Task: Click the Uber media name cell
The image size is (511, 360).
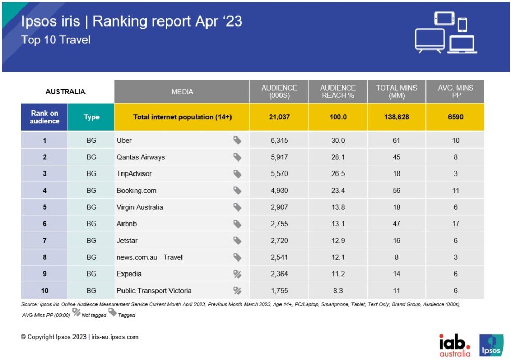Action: (124, 140)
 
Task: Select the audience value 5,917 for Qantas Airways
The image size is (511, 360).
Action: (278, 157)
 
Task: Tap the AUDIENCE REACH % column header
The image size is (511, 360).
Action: (337, 91)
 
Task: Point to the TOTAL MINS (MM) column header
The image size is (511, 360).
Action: (396, 91)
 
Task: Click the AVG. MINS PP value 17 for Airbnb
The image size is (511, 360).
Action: (455, 224)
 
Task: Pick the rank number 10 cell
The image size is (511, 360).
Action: (44, 291)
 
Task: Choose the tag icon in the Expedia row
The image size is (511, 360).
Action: (237, 274)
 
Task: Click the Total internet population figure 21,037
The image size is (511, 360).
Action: (278, 117)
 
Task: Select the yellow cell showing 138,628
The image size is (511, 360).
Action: (396, 117)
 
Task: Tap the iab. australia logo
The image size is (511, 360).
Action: (455, 345)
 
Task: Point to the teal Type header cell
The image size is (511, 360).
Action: (91, 117)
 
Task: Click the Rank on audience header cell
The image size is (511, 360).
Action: (44, 117)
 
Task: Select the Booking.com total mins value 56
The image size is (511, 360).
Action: (396, 190)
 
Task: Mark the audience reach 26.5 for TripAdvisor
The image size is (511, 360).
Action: (337, 173)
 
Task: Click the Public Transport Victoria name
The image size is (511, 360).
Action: (154, 291)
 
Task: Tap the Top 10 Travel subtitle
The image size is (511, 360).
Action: (56, 40)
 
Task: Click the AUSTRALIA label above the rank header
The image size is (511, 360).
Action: (65, 92)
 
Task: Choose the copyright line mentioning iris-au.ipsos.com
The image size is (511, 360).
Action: (80, 337)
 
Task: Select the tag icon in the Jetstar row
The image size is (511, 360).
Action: (237, 241)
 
